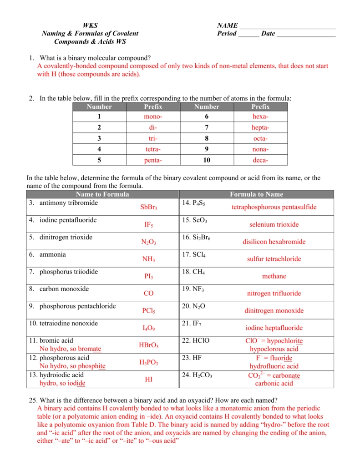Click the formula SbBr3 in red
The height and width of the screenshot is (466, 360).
[x=148, y=208]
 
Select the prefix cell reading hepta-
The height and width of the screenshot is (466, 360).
[x=260, y=128]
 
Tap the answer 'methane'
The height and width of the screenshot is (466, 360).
[x=274, y=276]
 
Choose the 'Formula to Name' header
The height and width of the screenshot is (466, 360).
[x=256, y=194]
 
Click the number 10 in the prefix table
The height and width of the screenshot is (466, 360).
[x=207, y=160]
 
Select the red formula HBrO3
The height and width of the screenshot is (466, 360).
[x=148, y=345]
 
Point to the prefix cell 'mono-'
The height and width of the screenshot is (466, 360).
[x=153, y=117]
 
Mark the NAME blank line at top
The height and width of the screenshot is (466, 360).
[x=287, y=26]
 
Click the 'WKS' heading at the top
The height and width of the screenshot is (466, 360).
[x=90, y=25]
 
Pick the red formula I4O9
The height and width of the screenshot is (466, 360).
[x=148, y=328]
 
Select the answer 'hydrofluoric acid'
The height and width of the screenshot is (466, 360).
[x=274, y=366]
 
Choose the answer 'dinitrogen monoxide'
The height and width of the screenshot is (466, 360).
[x=274, y=311]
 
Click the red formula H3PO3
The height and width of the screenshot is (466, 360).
[x=148, y=363]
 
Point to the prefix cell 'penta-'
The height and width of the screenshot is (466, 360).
[x=153, y=160]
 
